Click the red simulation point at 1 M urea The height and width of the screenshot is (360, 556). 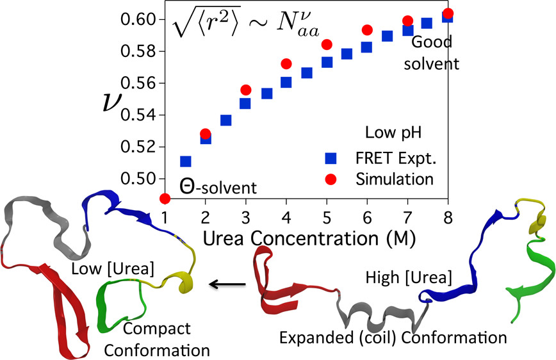click(x=165, y=199)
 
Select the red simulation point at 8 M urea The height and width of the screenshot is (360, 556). click(x=448, y=13)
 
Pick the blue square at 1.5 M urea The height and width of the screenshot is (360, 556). click(x=186, y=161)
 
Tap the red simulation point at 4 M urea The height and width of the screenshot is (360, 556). click(x=286, y=64)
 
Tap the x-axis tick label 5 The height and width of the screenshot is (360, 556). click(x=327, y=216)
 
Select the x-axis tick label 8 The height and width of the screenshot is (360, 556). click(x=448, y=216)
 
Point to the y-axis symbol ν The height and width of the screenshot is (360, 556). click(x=110, y=102)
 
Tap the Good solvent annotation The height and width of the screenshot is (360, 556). click(x=435, y=53)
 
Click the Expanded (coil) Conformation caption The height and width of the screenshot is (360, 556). click(x=393, y=337)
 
